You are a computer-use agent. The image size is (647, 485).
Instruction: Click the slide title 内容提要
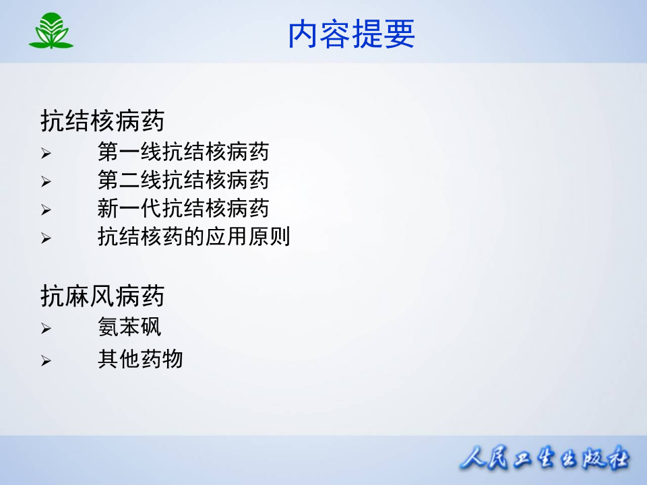pos(351,34)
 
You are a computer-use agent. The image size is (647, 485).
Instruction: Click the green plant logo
pos(51,32)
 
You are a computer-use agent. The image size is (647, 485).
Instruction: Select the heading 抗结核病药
pos(102,121)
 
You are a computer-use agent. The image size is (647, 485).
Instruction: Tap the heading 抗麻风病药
pos(102,296)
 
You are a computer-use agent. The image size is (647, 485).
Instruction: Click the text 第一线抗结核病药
pos(183,152)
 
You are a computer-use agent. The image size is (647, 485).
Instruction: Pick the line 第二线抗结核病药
pos(183,181)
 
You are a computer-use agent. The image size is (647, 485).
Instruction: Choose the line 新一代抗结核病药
pos(183,209)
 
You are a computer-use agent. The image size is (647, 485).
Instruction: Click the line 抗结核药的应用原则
pos(193,237)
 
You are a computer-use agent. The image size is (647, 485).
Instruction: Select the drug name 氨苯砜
pos(129,328)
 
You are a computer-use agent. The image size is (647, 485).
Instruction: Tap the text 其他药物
pos(140,359)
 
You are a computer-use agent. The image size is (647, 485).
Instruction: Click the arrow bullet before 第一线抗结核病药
pos(46,154)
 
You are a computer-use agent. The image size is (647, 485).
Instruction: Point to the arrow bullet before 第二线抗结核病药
pos(46,182)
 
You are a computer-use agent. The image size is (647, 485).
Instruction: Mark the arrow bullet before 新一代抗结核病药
pos(46,210)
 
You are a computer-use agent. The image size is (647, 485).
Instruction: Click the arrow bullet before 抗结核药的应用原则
pos(46,238)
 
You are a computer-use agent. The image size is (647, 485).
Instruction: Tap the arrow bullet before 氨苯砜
pos(46,329)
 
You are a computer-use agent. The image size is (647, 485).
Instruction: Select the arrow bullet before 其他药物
pos(46,361)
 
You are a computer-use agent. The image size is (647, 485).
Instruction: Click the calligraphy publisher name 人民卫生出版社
pos(545,460)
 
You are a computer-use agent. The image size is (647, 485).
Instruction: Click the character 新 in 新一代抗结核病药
pos(108,209)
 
